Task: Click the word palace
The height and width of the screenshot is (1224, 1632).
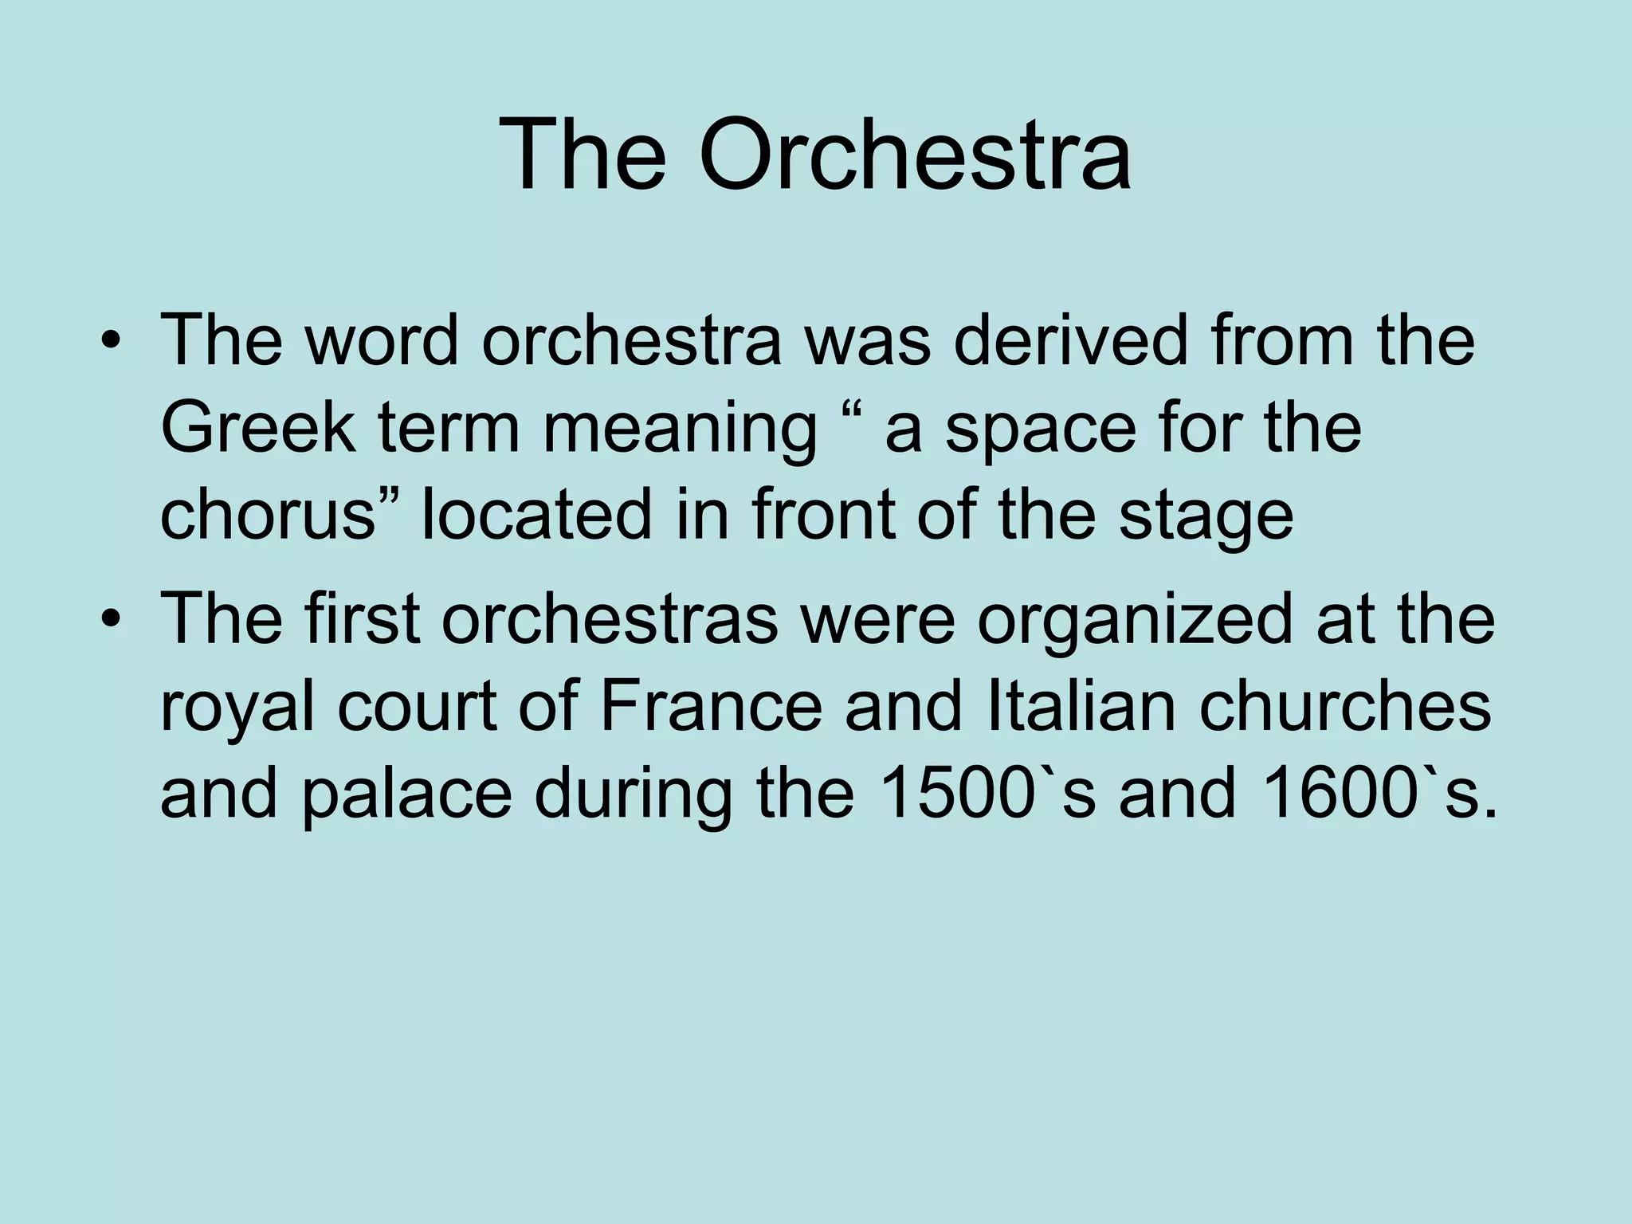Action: pos(406,797)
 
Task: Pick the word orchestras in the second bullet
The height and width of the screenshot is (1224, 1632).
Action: pos(610,620)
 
